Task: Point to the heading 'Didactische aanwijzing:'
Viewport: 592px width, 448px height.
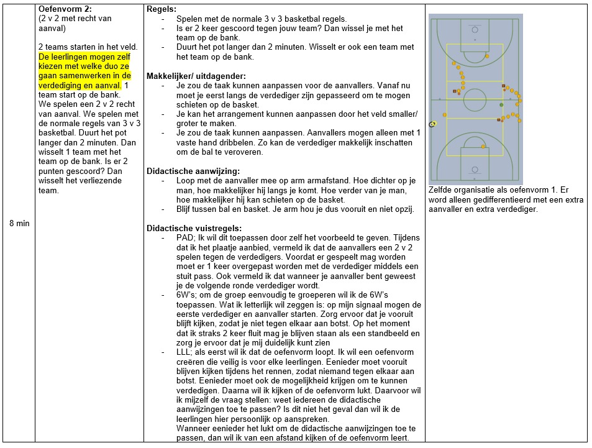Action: coord(193,171)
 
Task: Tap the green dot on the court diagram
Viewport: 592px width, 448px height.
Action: coord(501,105)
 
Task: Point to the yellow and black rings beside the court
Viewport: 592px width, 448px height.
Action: coord(433,124)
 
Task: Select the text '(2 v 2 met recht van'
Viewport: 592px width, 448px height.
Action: coord(75,19)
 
